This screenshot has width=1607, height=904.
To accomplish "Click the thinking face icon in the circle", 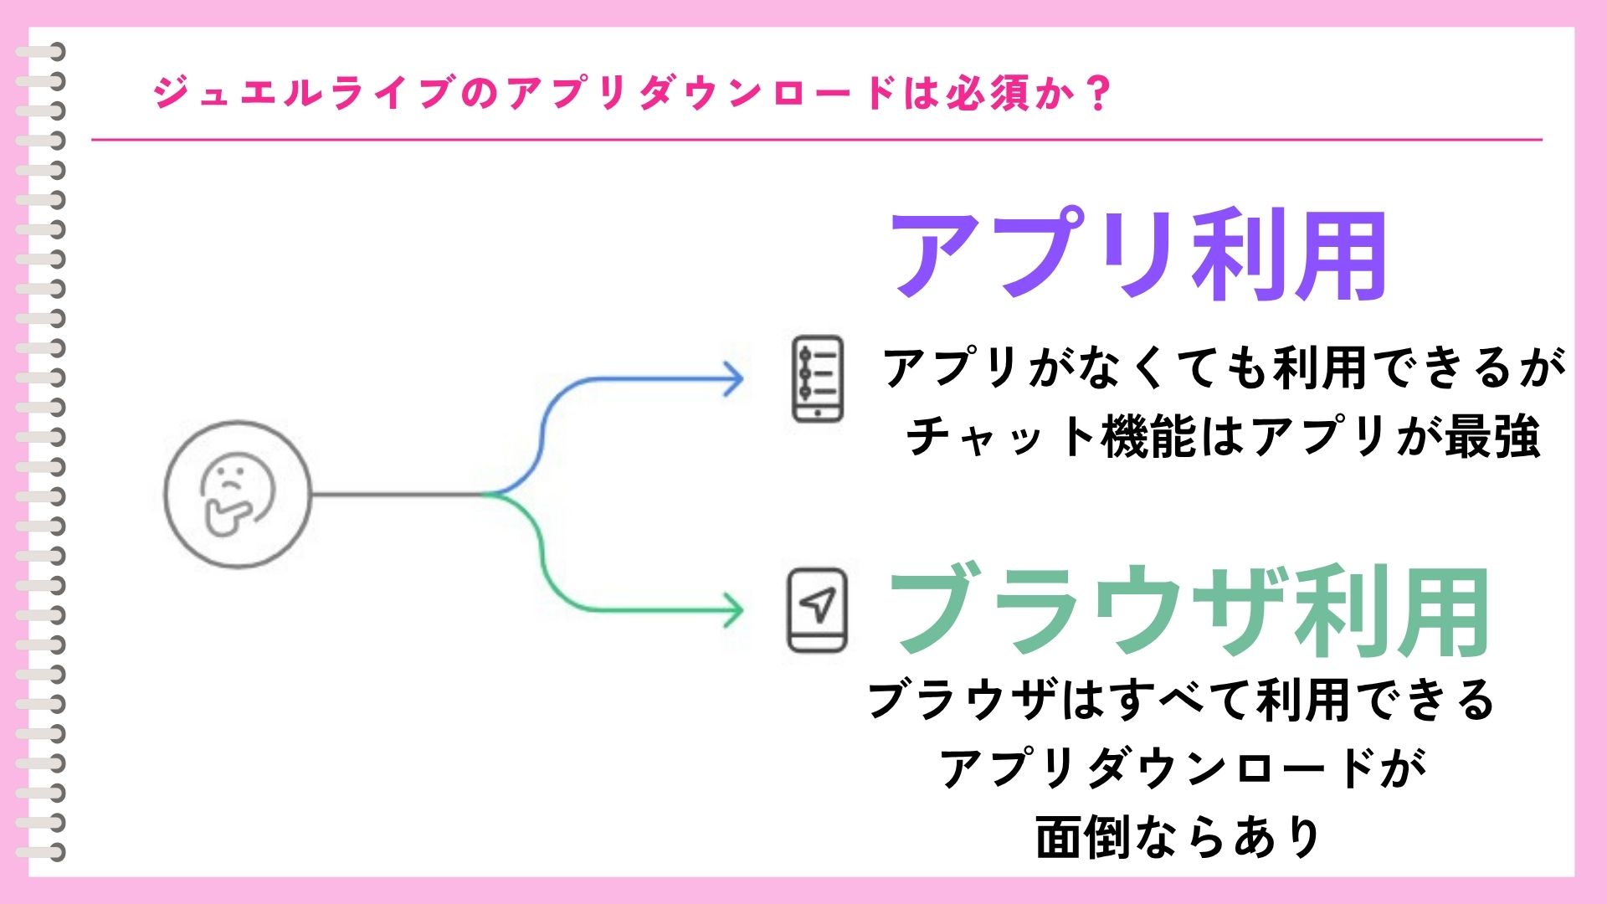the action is pos(238,494).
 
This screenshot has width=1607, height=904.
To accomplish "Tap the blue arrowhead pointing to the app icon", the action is pos(733,379).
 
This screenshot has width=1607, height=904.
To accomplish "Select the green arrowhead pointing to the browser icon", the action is pos(733,610).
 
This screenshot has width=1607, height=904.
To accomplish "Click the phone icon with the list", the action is pos(818,379).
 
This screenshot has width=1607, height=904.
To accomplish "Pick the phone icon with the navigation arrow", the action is pos(817,610).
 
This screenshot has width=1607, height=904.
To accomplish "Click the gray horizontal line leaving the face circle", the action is pos(398,494).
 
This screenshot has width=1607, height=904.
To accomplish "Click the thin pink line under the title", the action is pos(816,140).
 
